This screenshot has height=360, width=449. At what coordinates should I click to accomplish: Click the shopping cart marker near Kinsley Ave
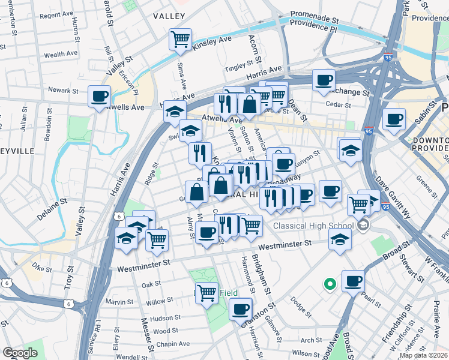180,40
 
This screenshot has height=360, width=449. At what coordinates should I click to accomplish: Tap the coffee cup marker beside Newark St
99,97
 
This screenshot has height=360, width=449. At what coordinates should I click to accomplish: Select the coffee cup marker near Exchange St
324,81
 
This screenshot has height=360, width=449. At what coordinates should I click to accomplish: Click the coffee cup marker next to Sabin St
394,119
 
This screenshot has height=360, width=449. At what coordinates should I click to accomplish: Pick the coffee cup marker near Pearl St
352,281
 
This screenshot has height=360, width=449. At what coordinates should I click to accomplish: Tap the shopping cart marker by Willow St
206,293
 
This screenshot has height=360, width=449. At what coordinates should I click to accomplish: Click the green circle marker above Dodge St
329,284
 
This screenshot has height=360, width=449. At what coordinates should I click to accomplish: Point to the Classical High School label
313,226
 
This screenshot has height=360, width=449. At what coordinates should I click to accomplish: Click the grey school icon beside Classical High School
362,226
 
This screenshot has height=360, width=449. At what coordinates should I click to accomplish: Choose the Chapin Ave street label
173,344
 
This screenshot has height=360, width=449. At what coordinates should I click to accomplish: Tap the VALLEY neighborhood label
169,16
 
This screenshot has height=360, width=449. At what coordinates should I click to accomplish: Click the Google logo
20,353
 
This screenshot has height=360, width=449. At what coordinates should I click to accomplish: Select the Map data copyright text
423,355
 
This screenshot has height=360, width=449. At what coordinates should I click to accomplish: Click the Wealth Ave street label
61,54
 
